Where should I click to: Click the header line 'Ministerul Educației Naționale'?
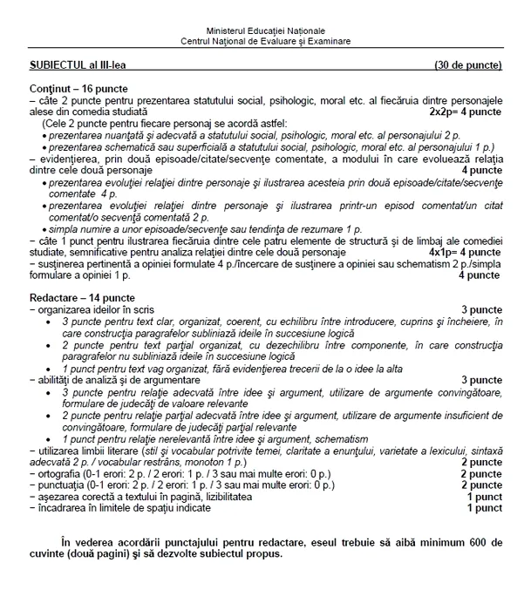[265, 30]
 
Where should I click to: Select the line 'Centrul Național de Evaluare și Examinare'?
[265, 41]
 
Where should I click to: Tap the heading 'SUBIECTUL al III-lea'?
[83, 65]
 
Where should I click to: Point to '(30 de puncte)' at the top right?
[468, 65]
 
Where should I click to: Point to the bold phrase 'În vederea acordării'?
[114, 541]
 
